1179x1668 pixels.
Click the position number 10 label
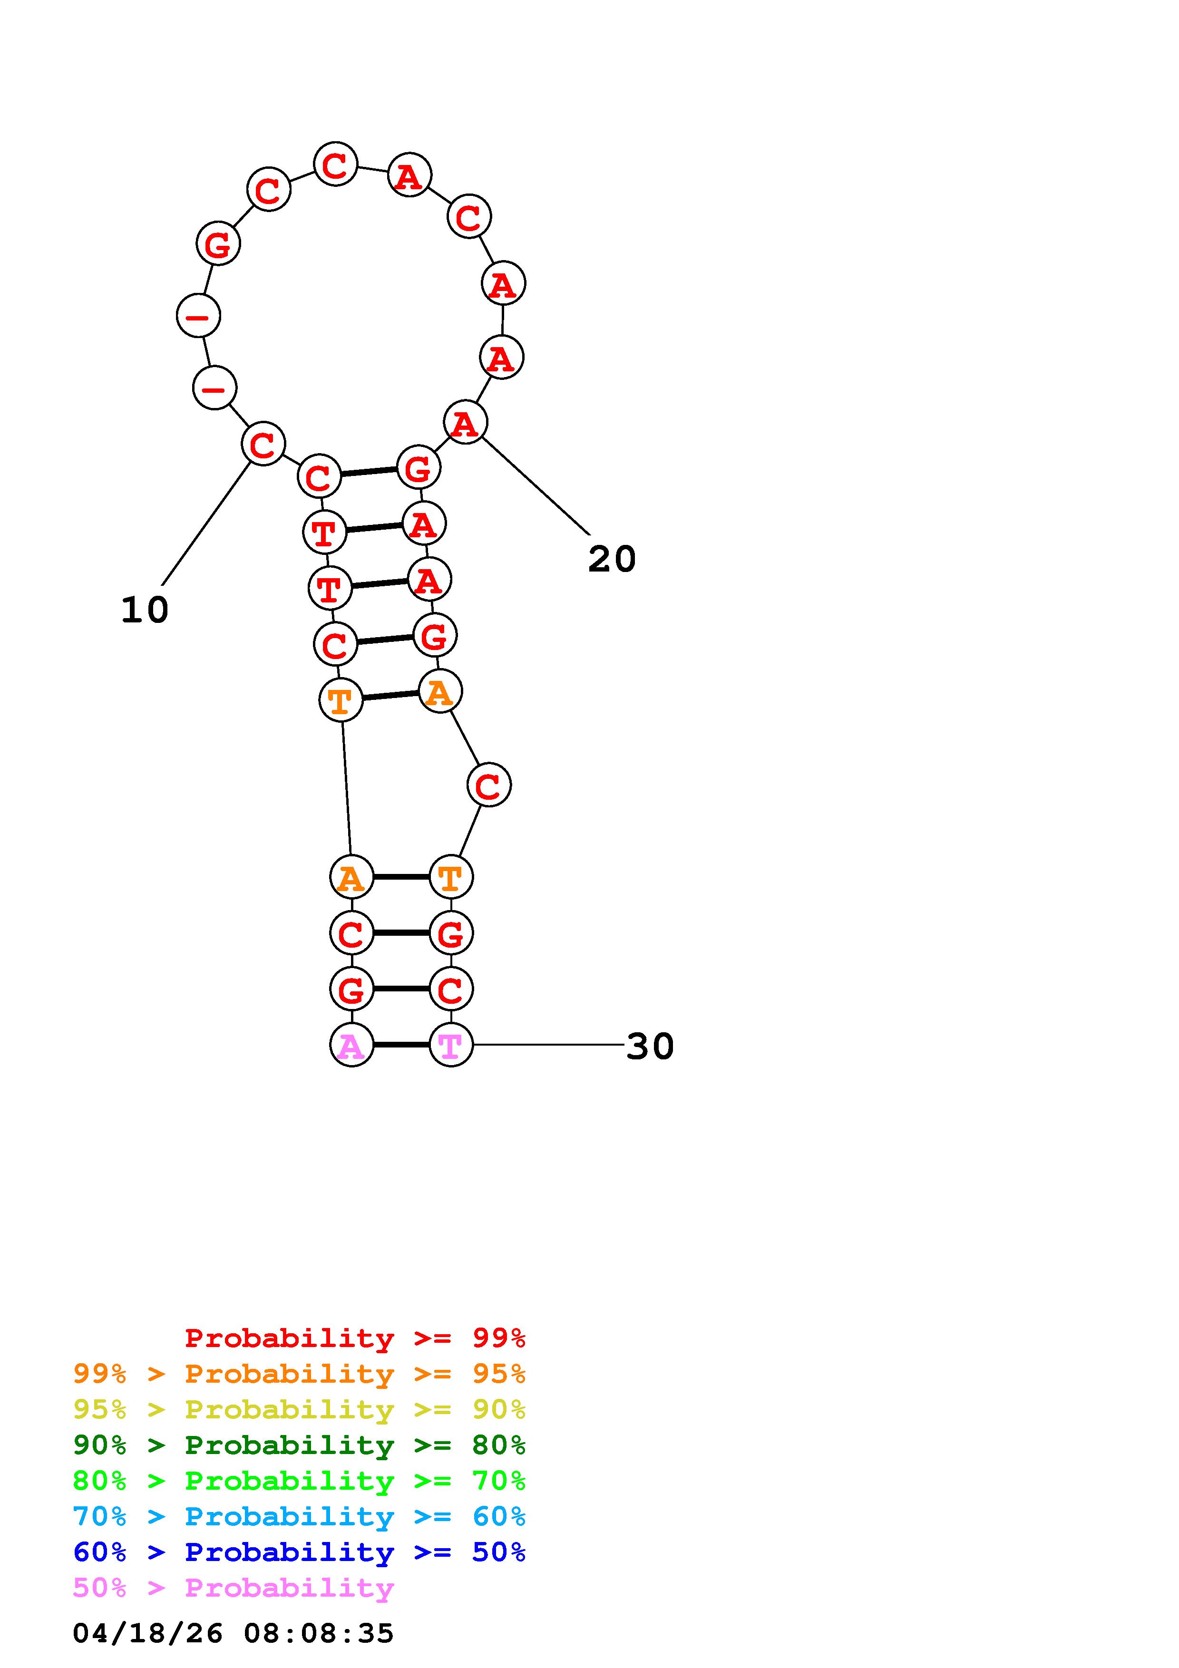tap(145, 610)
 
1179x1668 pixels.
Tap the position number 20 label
tap(612, 559)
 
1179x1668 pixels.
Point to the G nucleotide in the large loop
tap(218, 244)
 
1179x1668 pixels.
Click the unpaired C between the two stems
tap(489, 785)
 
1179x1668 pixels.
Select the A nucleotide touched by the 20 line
tap(465, 423)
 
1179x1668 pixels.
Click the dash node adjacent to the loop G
tap(198, 316)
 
